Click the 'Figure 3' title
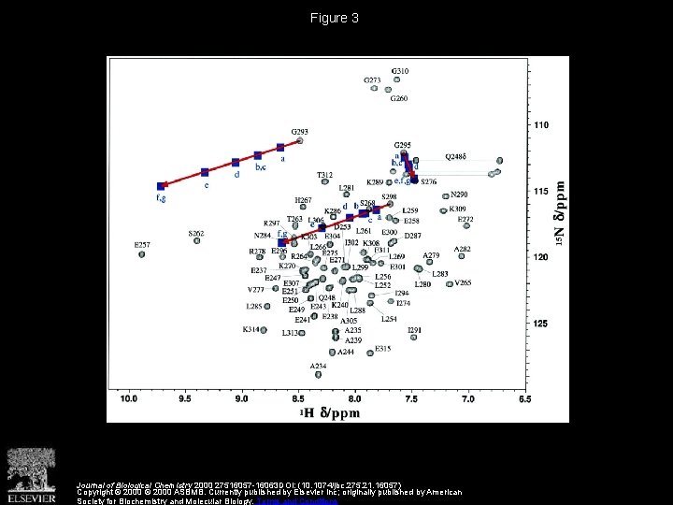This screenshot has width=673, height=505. coord(336,18)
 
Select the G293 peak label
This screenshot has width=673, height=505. coord(300,131)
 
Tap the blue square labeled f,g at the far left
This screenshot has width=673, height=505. coord(161,186)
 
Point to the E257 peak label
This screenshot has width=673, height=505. coord(142,245)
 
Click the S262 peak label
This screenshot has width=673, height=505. coord(195,233)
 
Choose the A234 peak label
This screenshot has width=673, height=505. coord(319,366)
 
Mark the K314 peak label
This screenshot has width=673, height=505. coord(251,329)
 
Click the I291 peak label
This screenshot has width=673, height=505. coord(415,329)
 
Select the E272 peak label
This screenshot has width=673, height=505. coord(465,219)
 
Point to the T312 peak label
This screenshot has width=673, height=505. coord(324,175)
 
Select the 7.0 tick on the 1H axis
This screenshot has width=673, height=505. coord(468,399)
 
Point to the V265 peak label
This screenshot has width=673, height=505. coord(463,282)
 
